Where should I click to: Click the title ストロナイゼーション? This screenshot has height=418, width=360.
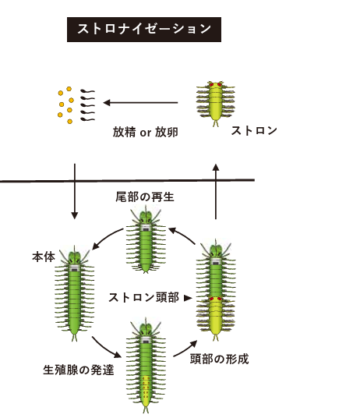pyautogui.click(x=144, y=29)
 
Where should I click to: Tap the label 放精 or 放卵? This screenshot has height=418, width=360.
pyautogui.click(x=146, y=132)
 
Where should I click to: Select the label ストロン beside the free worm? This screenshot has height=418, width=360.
pyautogui.click(x=254, y=131)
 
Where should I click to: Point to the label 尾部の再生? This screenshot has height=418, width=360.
pyautogui.click(x=145, y=197)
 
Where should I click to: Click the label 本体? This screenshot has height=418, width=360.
pyautogui.click(x=44, y=257)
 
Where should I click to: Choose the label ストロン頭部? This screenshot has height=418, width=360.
pyautogui.click(x=144, y=297)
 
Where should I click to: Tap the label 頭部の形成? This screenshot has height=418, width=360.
pyautogui.click(x=220, y=359)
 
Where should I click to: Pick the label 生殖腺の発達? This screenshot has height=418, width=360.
pyautogui.click(x=79, y=370)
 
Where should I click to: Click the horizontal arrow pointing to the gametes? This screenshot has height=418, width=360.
pyautogui.click(x=140, y=102)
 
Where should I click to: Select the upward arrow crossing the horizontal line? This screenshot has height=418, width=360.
pyautogui.click(x=216, y=192)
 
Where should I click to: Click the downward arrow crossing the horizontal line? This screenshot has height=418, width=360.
pyautogui.click(x=75, y=191)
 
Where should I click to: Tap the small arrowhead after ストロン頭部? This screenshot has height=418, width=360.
pyautogui.click(x=188, y=298)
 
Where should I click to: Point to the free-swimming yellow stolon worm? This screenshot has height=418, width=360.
pyautogui.click(x=216, y=104)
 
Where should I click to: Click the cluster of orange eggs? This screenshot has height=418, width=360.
pyautogui.click(x=65, y=105)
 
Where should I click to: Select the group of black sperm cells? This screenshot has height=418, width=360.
pyautogui.click(x=87, y=105)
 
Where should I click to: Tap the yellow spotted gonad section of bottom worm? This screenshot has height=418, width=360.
pyautogui.click(x=146, y=388)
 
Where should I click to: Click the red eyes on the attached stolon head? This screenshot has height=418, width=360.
pyautogui.click(x=215, y=299)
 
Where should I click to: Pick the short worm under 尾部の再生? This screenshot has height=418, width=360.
pyautogui.click(x=146, y=239)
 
